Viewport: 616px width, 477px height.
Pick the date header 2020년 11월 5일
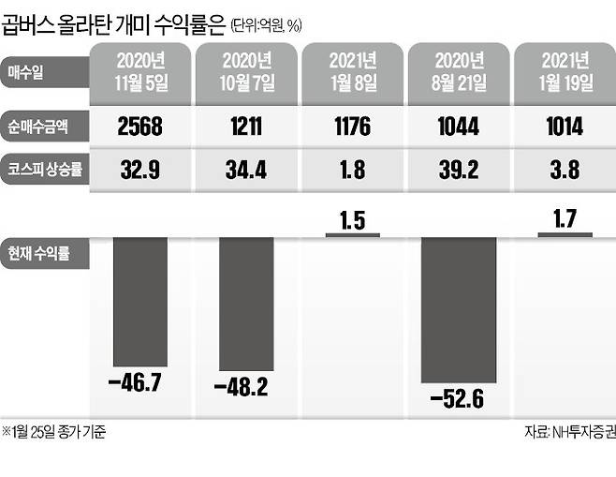click(x=139, y=72)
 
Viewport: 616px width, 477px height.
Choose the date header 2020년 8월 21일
click(x=459, y=72)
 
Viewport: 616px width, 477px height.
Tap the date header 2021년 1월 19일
click(x=565, y=72)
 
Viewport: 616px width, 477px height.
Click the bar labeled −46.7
click(x=140, y=300)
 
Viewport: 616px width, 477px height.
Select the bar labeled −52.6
click(x=459, y=308)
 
